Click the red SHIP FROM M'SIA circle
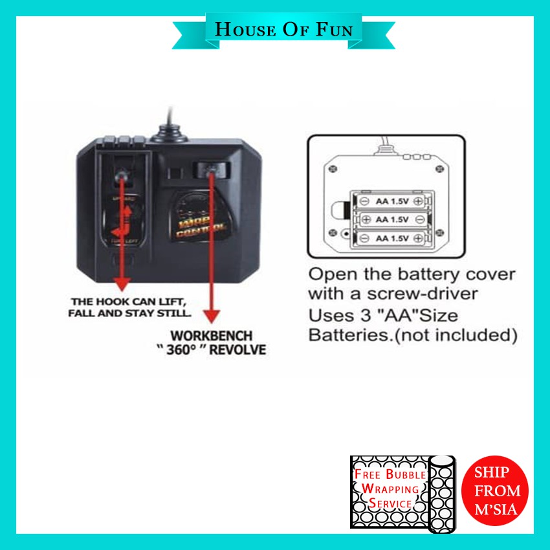pyautogui.click(x=496, y=490)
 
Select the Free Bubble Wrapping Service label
pyautogui.click(x=388, y=490)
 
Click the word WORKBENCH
pyautogui.click(x=211, y=337)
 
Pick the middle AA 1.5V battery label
pyautogui.click(x=392, y=219)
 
